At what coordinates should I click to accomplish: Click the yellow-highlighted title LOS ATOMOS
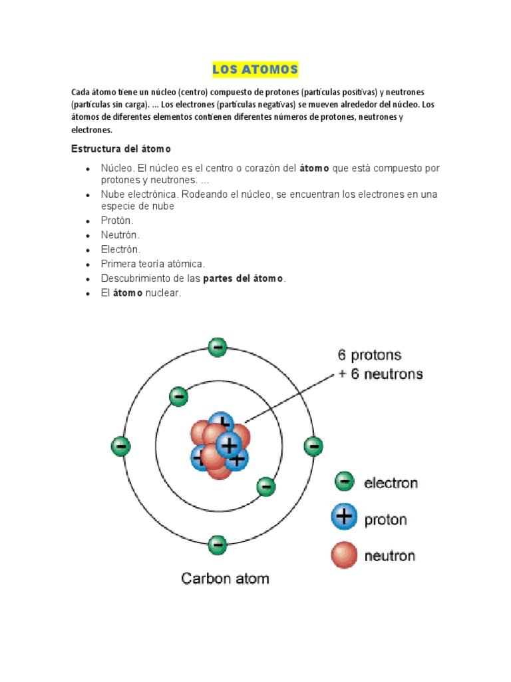tap(255, 69)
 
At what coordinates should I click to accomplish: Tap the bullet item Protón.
tap(117, 220)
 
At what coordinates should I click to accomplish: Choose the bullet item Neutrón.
tap(120, 235)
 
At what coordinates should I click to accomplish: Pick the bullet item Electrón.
tap(120, 249)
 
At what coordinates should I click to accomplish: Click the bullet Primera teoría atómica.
tap(153, 264)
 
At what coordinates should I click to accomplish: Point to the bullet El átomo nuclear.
tap(140, 293)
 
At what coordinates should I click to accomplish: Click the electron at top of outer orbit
tap(218, 347)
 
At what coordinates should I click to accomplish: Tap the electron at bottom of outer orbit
tap(218, 545)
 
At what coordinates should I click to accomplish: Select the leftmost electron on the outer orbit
tap(120, 446)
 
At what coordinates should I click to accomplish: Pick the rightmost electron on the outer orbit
tap(313, 446)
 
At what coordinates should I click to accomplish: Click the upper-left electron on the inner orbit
tap(178, 397)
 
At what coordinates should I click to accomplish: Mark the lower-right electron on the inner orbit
tap(265, 487)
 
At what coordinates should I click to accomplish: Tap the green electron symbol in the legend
tap(344, 482)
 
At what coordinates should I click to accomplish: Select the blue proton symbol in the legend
tap(344, 517)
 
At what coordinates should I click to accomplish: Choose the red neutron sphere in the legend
tap(344, 555)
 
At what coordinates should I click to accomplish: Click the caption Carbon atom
tap(225, 578)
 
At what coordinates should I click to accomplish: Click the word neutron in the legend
tap(389, 555)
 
